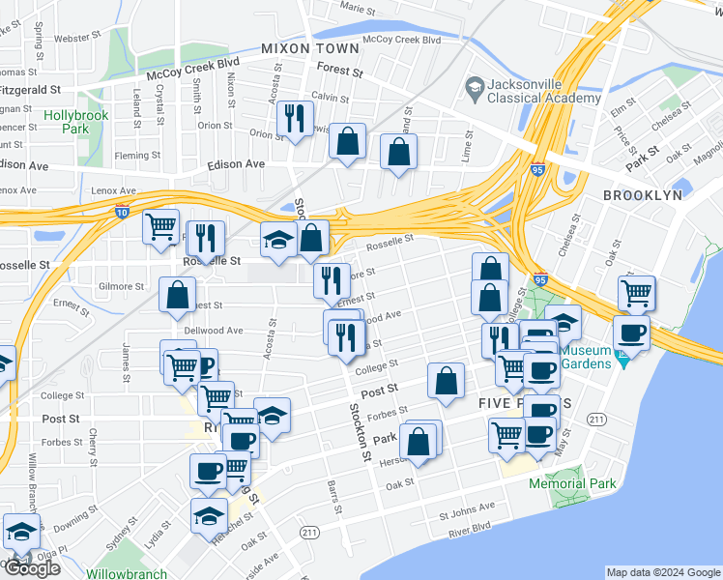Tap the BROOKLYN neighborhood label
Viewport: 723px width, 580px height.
point(642,194)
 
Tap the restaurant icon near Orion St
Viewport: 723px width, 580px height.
point(295,120)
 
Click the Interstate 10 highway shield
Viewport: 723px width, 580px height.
point(122,213)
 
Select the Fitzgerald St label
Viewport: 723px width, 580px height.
point(31,89)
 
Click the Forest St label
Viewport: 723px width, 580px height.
point(339,72)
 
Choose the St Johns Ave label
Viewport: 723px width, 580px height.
point(467,506)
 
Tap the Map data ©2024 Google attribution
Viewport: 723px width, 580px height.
point(663,572)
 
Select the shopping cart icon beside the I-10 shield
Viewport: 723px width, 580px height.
point(160,227)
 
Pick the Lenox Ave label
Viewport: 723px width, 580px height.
point(113,191)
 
